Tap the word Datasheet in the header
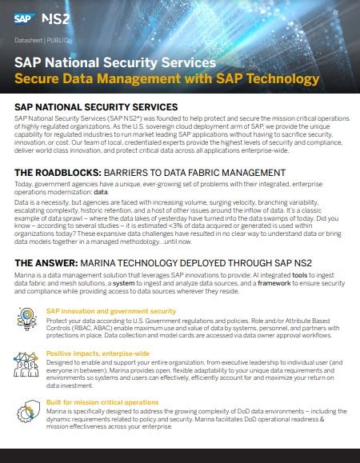click(30, 38)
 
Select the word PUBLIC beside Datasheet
click(61, 38)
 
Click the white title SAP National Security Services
click(115, 62)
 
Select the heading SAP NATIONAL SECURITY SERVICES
click(96, 106)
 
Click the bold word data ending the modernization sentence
click(101, 193)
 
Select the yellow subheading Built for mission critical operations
click(102, 401)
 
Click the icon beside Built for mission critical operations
click(26, 410)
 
